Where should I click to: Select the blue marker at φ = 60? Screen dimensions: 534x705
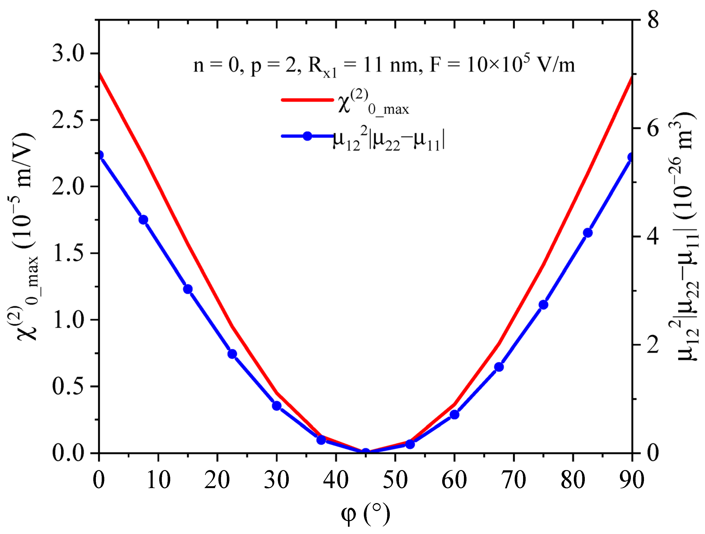point(455,415)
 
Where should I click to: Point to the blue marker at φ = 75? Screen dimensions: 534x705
point(543,305)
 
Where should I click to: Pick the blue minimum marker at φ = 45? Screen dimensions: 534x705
point(365,452)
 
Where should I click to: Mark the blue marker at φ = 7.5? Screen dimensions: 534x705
point(143,220)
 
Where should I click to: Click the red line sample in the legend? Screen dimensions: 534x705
point(307,100)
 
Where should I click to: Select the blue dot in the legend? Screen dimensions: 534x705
point(307,136)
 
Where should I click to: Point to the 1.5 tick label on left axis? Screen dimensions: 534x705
point(68,253)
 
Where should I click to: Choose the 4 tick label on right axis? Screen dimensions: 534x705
point(653,237)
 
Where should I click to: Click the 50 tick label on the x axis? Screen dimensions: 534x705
point(395,480)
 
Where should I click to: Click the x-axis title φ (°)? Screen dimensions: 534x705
point(365,514)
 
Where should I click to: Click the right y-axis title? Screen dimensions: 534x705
point(685,236)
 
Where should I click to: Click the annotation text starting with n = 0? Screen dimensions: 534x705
point(384,65)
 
